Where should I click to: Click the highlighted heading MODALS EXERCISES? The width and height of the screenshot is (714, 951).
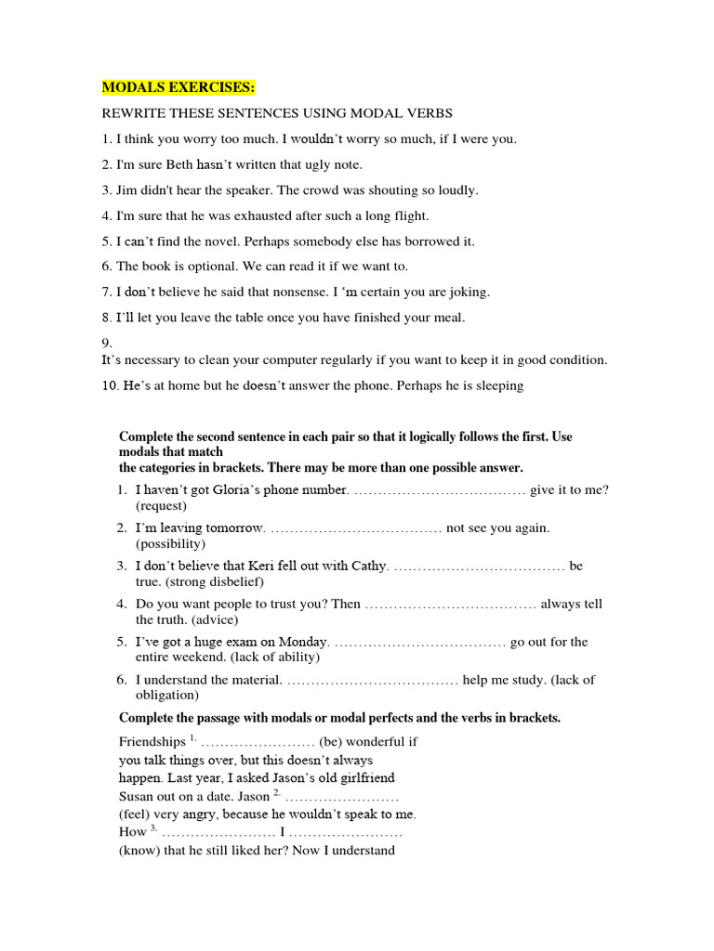[x=178, y=87]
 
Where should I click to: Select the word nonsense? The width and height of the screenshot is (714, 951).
[x=288, y=292]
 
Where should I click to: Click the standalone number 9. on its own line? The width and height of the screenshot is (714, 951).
[x=107, y=343]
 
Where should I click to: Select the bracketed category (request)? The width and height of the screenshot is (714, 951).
[x=161, y=506]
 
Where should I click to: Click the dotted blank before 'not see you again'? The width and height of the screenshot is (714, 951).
[x=356, y=528]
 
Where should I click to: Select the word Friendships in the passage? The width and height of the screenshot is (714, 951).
[x=152, y=742]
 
